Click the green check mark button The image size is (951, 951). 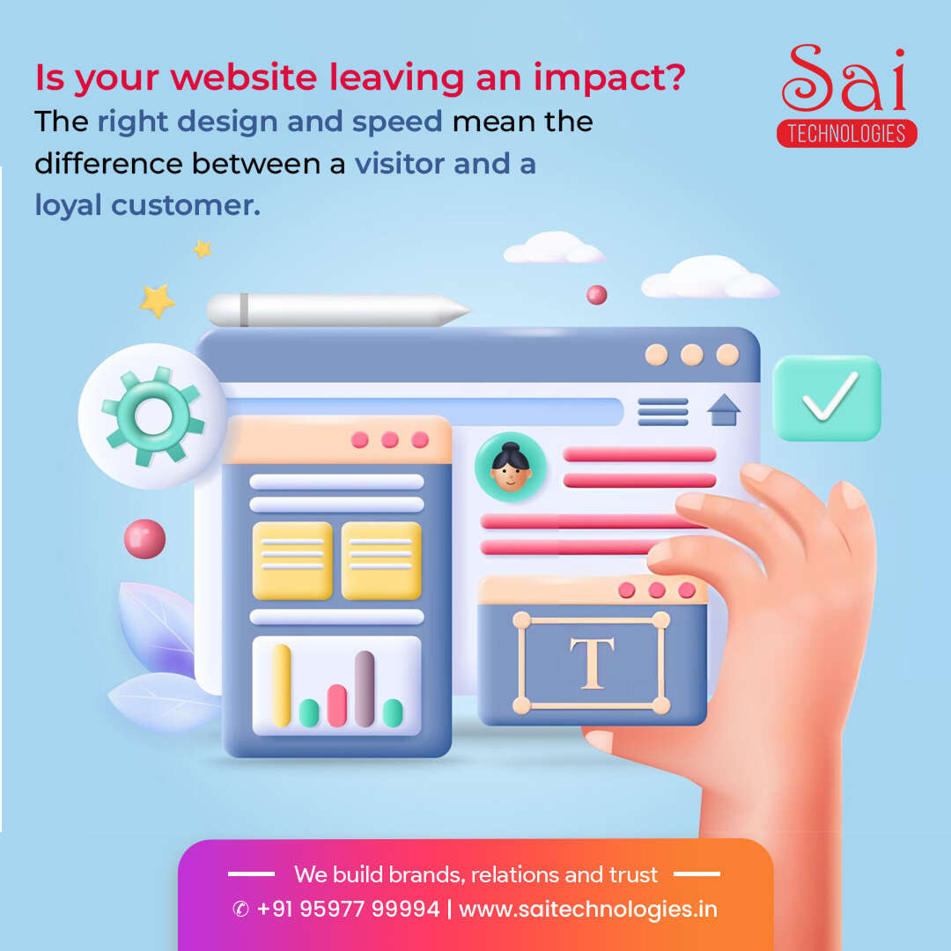826,397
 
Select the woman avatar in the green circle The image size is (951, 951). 511,467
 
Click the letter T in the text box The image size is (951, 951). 592,663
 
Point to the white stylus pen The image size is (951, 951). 337,310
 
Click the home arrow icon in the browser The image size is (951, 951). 724,410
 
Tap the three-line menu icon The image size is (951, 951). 663,412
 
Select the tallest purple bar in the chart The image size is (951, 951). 364,689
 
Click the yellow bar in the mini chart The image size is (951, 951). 282,685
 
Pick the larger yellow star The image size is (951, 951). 157,301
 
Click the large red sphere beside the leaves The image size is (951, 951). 145,539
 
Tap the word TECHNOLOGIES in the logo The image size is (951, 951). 847,134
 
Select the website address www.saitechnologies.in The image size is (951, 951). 588,909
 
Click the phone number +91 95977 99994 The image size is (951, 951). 348,909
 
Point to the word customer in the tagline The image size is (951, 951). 186,205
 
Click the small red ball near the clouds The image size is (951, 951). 597,295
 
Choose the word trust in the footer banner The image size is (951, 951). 633,874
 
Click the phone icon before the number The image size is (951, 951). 240,909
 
